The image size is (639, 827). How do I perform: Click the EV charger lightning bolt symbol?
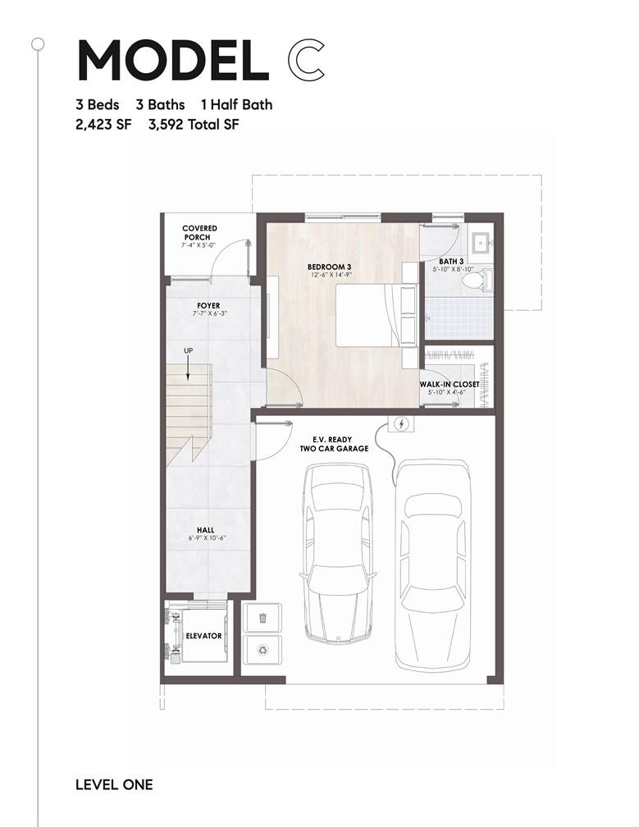point(401,423)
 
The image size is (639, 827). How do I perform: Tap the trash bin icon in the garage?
point(262,617)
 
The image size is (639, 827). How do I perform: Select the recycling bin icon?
point(262,650)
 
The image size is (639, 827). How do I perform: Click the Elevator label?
point(203,636)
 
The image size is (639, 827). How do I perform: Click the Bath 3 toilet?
point(477,280)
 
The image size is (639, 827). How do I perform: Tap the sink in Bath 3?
point(481,243)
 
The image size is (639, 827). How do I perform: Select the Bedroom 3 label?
point(330,267)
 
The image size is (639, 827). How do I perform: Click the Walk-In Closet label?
point(450,385)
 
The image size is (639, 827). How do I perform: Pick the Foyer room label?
point(209,305)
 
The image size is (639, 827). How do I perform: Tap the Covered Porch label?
point(199,233)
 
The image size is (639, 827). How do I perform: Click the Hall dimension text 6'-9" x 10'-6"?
point(206,538)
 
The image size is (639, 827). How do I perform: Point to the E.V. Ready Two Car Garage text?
point(334,444)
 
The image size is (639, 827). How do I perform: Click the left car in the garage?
point(338,553)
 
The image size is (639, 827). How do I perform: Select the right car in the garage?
point(433,564)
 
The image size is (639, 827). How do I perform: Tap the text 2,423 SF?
point(103,125)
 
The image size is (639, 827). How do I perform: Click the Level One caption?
point(114,785)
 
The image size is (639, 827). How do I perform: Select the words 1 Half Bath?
point(237,104)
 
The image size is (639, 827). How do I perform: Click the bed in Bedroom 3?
point(377,315)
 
